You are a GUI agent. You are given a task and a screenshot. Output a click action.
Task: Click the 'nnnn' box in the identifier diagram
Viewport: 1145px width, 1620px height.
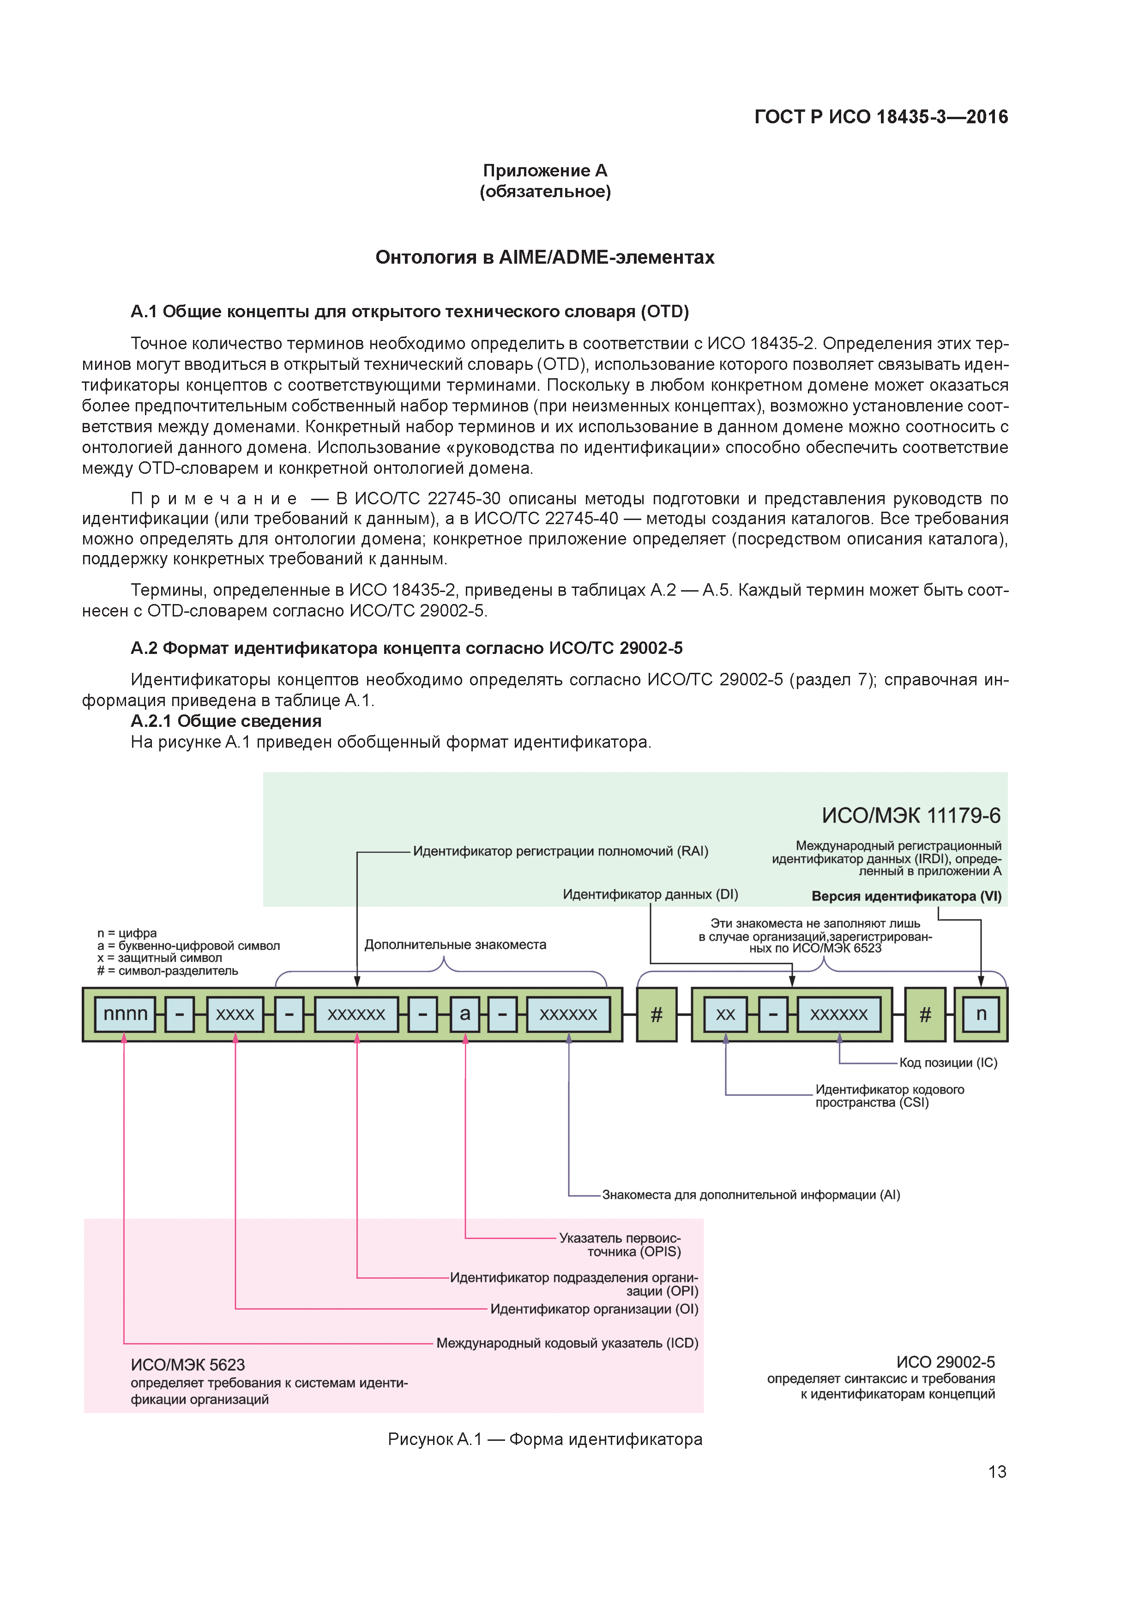click(125, 1014)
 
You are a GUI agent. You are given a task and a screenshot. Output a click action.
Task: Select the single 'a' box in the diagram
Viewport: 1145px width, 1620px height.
click(465, 1014)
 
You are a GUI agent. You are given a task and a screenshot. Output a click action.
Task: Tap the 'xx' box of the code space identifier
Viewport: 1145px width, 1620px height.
click(725, 1014)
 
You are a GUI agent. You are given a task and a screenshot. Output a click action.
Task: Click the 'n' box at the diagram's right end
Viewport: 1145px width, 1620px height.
click(981, 1014)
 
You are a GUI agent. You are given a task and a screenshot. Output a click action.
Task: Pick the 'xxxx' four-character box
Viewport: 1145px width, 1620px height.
click(235, 1014)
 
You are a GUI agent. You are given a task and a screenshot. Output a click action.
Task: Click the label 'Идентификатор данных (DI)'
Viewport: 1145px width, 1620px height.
click(650, 894)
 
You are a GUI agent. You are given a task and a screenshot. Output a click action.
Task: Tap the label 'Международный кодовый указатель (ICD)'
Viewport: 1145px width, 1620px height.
click(566, 1343)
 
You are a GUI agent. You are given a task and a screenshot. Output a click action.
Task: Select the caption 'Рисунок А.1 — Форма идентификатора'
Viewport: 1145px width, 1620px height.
click(545, 1439)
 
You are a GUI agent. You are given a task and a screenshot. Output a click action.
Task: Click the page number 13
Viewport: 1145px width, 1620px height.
click(997, 1472)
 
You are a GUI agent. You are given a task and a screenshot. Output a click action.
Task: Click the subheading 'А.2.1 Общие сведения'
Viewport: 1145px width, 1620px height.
click(226, 721)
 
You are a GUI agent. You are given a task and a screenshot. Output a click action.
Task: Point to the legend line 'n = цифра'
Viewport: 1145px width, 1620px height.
click(127, 933)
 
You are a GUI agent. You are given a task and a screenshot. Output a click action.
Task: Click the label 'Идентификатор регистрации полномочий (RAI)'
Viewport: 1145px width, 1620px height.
click(560, 851)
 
